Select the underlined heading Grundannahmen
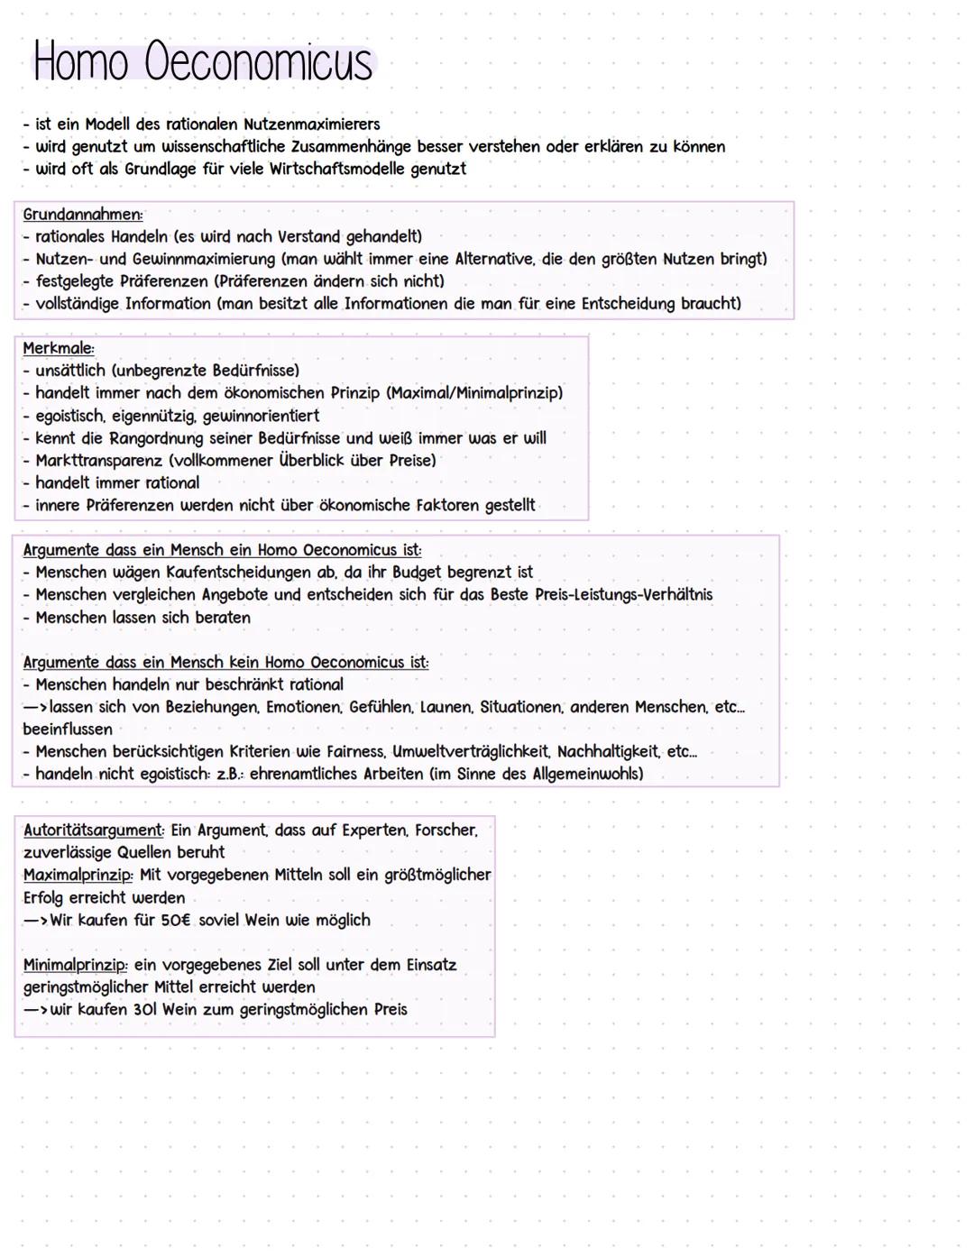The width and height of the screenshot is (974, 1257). point(82,215)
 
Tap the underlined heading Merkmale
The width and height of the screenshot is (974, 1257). point(59,348)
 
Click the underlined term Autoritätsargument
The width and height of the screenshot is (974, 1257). point(93,830)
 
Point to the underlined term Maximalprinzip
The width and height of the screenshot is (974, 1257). point(78,875)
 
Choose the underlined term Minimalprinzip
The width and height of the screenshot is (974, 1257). point(75,965)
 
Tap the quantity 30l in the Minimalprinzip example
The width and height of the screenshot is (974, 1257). point(144,1009)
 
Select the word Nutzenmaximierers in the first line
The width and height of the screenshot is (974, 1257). point(311,124)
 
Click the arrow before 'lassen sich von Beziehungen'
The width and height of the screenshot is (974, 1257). point(35,707)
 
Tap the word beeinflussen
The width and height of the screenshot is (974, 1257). point(68,729)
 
